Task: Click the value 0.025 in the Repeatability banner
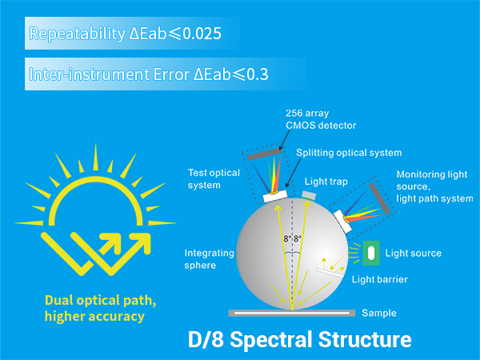(x=202, y=34)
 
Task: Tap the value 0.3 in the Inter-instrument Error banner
(x=257, y=74)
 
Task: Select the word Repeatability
(x=77, y=34)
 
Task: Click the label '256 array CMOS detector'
(x=321, y=119)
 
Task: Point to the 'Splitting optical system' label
(x=349, y=153)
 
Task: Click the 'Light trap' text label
(x=326, y=182)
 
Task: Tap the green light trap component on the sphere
(x=308, y=196)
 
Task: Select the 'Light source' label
(x=414, y=253)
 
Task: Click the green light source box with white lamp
(x=371, y=253)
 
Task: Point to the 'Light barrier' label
(x=379, y=279)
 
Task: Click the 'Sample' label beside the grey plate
(x=379, y=313)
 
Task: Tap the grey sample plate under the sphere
(x=292, y=313)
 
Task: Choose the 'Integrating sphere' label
(x=209, y=259)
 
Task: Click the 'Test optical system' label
(x=214, y=178)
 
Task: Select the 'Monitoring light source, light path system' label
(x=434, y=186)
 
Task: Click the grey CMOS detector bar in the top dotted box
(x=265, y=154)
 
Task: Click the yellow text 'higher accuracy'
(x=94, y=316)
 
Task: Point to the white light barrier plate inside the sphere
(x=330, y=273)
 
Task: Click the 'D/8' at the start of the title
(x=206, y=339)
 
